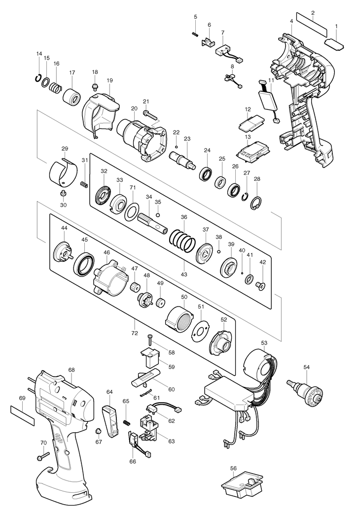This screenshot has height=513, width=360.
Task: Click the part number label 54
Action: [306, 367]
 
